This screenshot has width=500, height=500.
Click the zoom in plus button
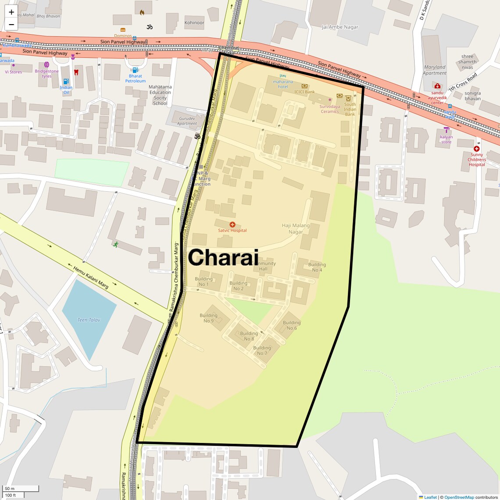(11, 12)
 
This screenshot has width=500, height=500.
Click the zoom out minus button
(11, 25)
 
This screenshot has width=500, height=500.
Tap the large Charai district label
(223, 257)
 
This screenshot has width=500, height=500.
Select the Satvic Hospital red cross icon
(232, 225)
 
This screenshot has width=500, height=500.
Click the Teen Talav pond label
(89, 320)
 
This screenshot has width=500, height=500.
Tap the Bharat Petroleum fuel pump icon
(135, 70)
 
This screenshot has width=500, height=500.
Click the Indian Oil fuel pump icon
(66, 82)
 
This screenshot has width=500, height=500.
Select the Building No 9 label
(208, 318)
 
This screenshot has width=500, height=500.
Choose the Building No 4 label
(317, 267)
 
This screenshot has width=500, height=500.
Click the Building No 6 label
(292, 325)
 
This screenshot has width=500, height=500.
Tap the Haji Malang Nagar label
(296, 229)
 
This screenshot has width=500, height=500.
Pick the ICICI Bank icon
(304, 86)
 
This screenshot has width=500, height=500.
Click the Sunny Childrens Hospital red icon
(476, 149)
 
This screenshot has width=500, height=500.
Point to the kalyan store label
(446, 139)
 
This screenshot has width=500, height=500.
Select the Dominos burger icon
(123, 30)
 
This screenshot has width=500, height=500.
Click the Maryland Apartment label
(435, 70)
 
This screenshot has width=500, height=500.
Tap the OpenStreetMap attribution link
(459, 497)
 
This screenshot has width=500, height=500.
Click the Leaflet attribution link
(430, 497)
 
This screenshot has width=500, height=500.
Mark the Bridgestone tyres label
(46, 74)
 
